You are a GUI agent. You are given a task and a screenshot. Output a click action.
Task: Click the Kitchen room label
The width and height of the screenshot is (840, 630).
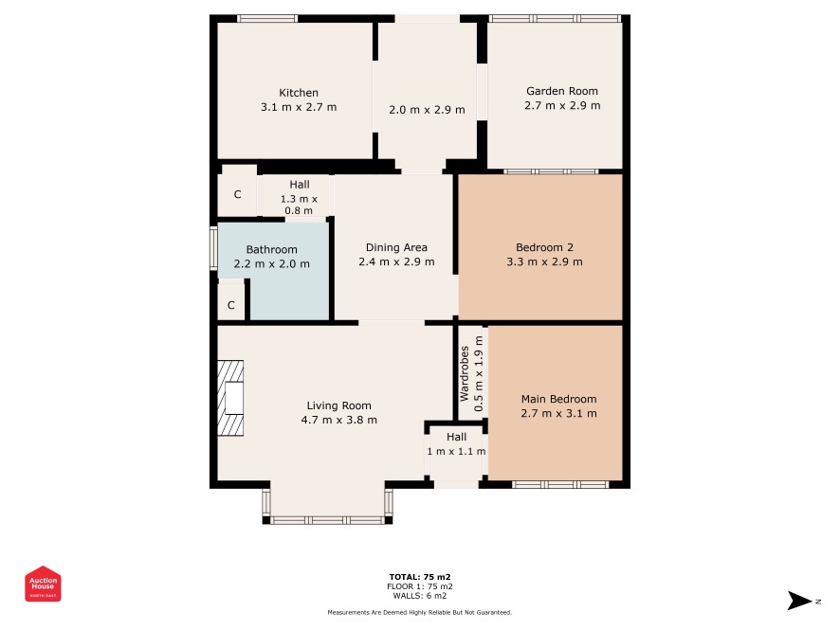point(299,93)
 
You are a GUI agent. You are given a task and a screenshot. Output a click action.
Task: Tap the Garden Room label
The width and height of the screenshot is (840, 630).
point(562,91)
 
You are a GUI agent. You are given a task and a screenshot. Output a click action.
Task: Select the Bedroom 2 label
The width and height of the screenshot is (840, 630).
point(544,247)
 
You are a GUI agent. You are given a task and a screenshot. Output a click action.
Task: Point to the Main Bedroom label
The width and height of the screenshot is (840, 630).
point(558,399)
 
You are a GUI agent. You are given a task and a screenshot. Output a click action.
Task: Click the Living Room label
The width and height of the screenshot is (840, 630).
point(338,405)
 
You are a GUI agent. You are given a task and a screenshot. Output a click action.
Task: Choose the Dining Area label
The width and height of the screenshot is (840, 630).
point(396,247)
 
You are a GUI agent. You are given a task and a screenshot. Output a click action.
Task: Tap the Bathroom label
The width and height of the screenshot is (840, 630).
point(271,249)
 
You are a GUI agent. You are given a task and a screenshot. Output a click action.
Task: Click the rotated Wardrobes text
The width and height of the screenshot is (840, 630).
point(465,373)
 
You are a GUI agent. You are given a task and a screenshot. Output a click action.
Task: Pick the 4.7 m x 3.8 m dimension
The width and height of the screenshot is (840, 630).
point(338,421)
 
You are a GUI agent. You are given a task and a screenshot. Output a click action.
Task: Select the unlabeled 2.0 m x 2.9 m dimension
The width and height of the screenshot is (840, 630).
point(427,110)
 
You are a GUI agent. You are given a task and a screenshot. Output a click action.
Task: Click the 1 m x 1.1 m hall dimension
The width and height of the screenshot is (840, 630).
point(456,451)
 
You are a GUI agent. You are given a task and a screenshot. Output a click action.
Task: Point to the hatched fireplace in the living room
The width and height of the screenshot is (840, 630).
point(230,398)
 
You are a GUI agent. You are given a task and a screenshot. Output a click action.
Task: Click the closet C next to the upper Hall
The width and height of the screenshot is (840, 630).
point(237,194)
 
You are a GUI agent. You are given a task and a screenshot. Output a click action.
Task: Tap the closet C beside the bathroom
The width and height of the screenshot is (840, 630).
point(231,305)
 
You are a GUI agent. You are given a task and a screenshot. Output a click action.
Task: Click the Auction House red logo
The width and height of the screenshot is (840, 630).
point(43,584)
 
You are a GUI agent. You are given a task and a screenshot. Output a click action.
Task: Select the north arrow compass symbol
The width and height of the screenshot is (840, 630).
point(800,601)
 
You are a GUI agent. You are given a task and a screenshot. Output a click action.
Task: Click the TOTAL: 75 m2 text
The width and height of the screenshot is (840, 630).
point(420,577)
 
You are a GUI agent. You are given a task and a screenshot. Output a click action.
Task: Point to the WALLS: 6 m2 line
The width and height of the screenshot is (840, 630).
point(420,596)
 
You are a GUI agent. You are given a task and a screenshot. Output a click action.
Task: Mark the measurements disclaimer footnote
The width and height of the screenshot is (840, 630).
point(420,612)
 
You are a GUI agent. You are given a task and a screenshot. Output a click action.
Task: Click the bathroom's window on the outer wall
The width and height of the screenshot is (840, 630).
point(213,249)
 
